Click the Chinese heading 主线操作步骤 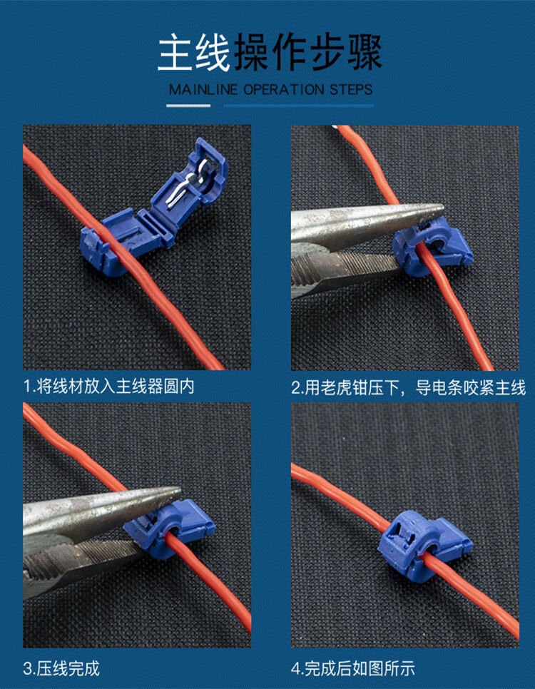tap(270, 53)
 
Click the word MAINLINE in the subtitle tap(203, 90)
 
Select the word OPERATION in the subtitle tap(283, 90)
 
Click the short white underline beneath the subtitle tap(188, 106)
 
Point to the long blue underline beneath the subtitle tap(299, 106)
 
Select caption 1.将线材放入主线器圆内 tap(108, 387)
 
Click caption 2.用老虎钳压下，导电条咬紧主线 tap(408, 388)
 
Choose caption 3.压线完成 tap(61, 668)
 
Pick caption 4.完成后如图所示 tap(352, 668)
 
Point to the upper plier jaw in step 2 tap(357, 222)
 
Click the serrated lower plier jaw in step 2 tap(342, 268)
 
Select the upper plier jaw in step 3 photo tap(93, 509)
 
